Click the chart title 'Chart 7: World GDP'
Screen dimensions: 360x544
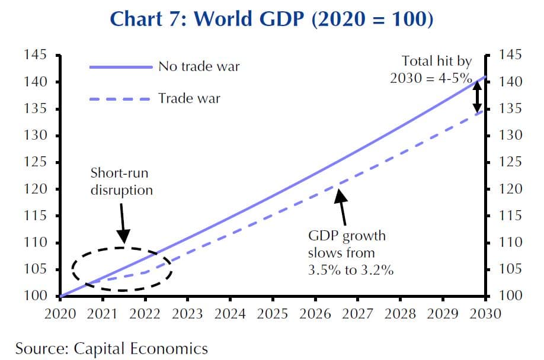272,19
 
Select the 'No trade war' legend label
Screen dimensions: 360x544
199,66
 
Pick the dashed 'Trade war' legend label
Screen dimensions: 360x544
188,98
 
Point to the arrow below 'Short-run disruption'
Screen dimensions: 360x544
123,221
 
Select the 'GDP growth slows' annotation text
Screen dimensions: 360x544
351,253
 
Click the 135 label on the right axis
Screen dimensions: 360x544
511,109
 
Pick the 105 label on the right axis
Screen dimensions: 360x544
511,269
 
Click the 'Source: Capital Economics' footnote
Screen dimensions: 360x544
112,348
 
